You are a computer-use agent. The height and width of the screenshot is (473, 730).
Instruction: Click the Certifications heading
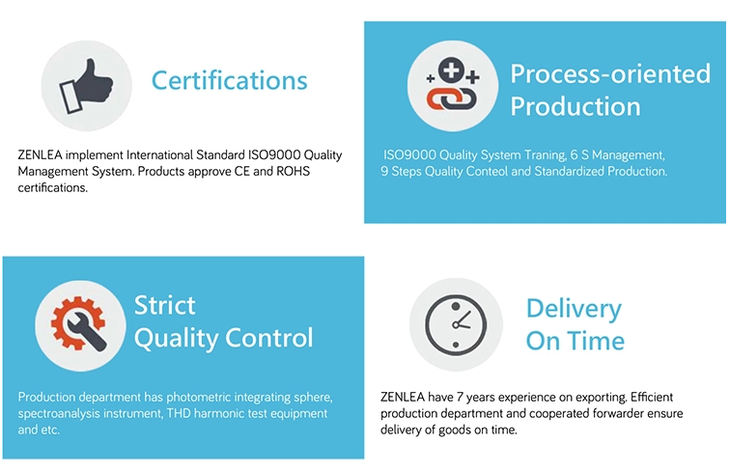tap(230, 80)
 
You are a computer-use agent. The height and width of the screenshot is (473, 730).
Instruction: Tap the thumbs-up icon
tap(86, 86)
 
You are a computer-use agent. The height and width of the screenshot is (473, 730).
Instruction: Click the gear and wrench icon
tap(79, 324)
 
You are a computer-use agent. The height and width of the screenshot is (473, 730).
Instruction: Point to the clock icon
tap(456, 324)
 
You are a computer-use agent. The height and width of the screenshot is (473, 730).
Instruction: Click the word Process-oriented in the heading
tap(610, 73)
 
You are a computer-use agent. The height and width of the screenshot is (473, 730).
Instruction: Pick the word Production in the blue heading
tap(576, 106)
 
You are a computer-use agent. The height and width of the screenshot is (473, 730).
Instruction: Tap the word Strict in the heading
tap(165, 305)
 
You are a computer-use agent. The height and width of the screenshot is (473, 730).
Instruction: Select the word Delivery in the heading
tap(574, 309)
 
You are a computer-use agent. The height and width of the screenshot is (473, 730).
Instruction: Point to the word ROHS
tap(293, 171)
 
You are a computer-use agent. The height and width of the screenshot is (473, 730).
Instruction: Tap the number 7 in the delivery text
tap(460, 397)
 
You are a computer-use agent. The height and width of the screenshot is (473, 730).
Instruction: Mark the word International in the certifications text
tap(159, 154)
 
